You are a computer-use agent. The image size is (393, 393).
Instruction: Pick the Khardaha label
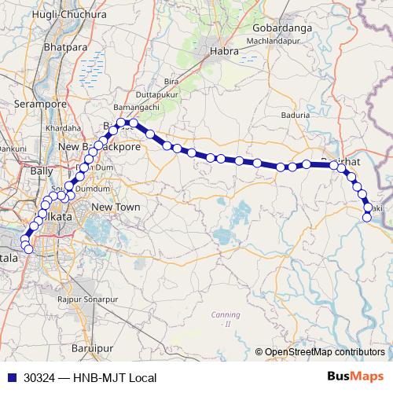(64, 128)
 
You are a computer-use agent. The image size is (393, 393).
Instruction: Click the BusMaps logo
(355, 377)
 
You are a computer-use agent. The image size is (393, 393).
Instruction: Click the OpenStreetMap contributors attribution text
(324, 352)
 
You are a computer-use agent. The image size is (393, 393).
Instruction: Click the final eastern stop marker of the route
(367, 217)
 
